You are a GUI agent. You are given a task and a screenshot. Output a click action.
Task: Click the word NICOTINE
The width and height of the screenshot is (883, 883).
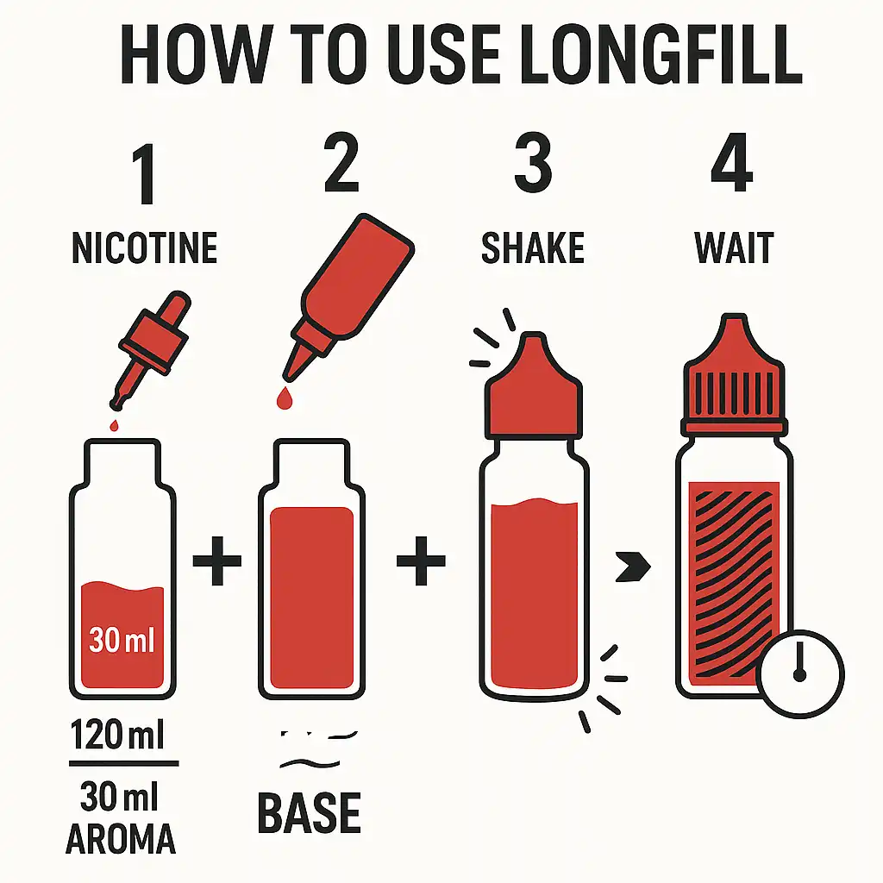click(144, 247)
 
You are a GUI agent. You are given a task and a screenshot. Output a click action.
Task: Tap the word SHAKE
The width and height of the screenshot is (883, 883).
click(532, 247)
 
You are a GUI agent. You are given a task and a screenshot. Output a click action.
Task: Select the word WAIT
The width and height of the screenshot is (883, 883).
click(734, 247)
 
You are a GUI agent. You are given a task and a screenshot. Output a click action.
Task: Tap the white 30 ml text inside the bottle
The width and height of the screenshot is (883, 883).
click(122, 641)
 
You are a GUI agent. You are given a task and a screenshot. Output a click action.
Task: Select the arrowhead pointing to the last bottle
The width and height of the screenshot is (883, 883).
click(636, 567)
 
